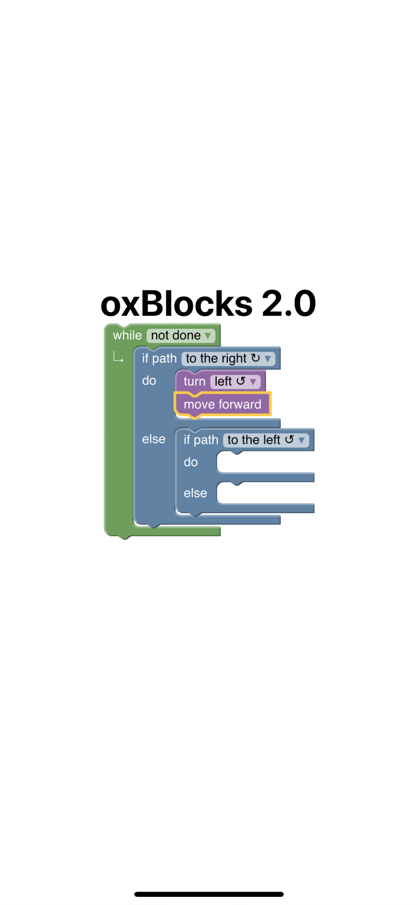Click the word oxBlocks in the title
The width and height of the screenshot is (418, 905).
(176, 303)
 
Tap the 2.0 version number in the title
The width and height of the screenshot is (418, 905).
(289, 303)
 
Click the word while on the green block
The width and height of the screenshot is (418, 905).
(127, 335)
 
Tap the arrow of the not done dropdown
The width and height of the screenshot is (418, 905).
(208, 336)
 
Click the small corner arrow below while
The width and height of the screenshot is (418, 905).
(118, 357)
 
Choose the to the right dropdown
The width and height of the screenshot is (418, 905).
(228, 358)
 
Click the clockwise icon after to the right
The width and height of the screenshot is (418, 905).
(256, 358)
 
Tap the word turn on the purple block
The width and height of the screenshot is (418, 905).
(195, 381)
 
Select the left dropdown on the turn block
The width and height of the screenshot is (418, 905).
(235, 381)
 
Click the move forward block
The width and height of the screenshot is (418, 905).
(223, 404)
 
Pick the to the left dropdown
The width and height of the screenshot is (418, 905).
(266, 440)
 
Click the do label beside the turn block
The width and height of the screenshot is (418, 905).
(149, 381)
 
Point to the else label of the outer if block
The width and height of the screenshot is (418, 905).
(154, 439)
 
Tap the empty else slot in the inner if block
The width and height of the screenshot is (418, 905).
(266, 493)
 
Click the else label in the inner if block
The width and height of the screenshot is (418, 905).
(195, 493)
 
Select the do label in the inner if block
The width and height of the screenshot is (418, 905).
(190, 462)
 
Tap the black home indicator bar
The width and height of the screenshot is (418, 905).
(209, 894)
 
